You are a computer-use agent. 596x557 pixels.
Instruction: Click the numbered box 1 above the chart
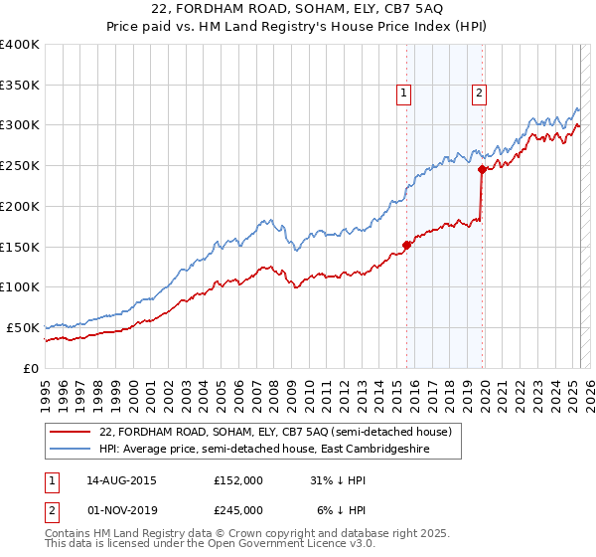click(405, 93)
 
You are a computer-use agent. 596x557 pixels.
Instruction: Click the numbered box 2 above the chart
click(479, 93)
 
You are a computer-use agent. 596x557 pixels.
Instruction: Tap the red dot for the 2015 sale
click(406, 245)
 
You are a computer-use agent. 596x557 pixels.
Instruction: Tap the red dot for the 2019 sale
click(482, 169)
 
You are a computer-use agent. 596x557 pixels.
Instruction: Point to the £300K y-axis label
click(19, 125)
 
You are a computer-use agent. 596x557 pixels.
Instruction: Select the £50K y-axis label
click(22, 327)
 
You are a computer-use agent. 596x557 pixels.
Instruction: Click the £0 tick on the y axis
click(31, 368)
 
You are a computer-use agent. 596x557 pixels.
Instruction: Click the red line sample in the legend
click(71, 432)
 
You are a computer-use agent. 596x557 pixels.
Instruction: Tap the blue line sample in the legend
click(71, 449)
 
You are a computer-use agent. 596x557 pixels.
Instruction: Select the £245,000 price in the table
click(238, 509)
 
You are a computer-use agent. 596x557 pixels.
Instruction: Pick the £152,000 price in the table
click(238, 479)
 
